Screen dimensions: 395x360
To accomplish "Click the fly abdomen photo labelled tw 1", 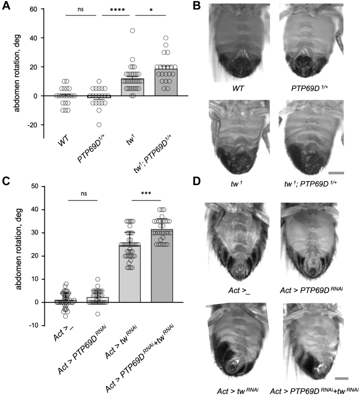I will (x=232, y=135).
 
